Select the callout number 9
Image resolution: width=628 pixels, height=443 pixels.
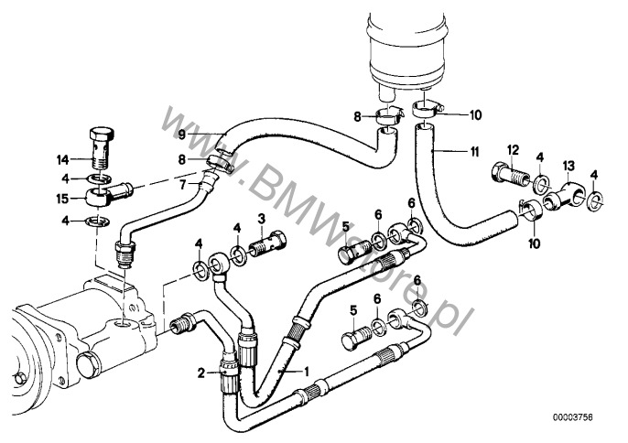(x=182, y=135)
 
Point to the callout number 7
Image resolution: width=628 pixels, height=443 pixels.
(x=183, y=184)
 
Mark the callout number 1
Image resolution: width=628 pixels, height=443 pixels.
(x=308, y=373)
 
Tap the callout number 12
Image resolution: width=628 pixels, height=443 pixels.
(x=513, y=149)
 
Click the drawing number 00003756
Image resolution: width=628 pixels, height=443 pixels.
(x=587, y=416)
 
